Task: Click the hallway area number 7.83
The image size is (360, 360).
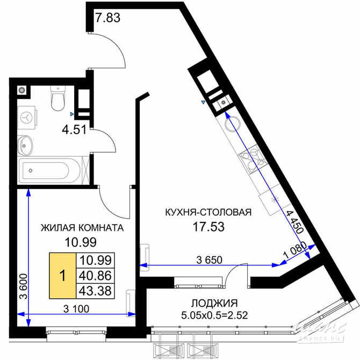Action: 107,17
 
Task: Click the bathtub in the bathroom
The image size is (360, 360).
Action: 51,171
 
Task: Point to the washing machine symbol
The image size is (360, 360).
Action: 27,116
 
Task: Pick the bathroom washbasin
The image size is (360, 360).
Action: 25,144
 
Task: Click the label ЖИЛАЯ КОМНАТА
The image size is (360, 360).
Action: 82,227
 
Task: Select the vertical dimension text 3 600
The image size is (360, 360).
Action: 21,290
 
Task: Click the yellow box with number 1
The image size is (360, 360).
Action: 62,276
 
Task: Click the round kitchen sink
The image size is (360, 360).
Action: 232,123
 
